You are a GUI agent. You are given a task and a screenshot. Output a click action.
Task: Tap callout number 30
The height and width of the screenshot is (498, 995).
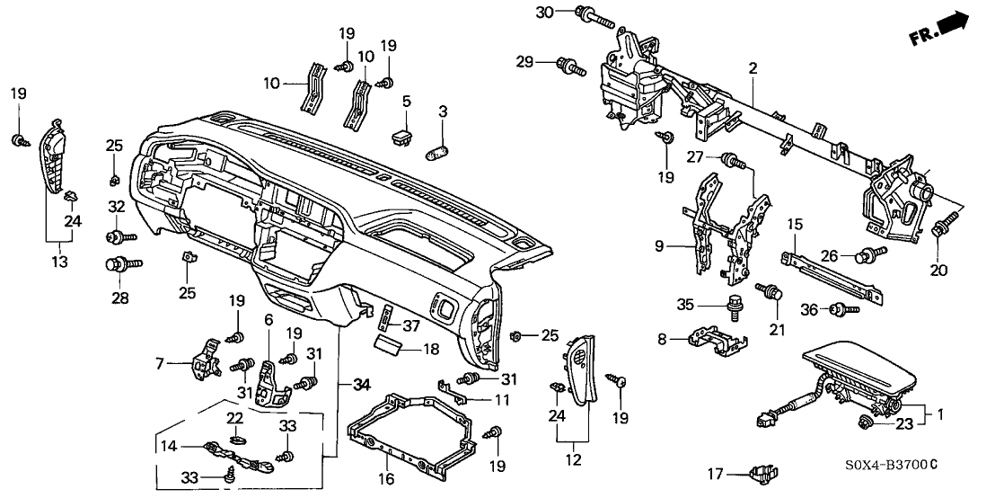tap(542, 12)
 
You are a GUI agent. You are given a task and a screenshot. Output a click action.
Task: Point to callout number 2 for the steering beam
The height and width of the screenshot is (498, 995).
tap(753, 67)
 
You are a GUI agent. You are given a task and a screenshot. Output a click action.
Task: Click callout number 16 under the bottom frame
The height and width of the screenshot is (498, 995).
tap(387, 480)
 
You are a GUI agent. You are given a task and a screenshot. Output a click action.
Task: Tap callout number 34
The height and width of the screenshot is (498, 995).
tap(361, 385)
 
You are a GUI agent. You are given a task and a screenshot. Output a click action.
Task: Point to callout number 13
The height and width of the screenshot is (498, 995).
tap(59, 262)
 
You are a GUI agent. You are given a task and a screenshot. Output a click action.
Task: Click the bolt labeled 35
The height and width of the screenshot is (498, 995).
tap(730, 304)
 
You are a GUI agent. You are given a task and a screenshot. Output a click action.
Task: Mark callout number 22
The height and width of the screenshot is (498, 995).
tap(234, 418)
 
